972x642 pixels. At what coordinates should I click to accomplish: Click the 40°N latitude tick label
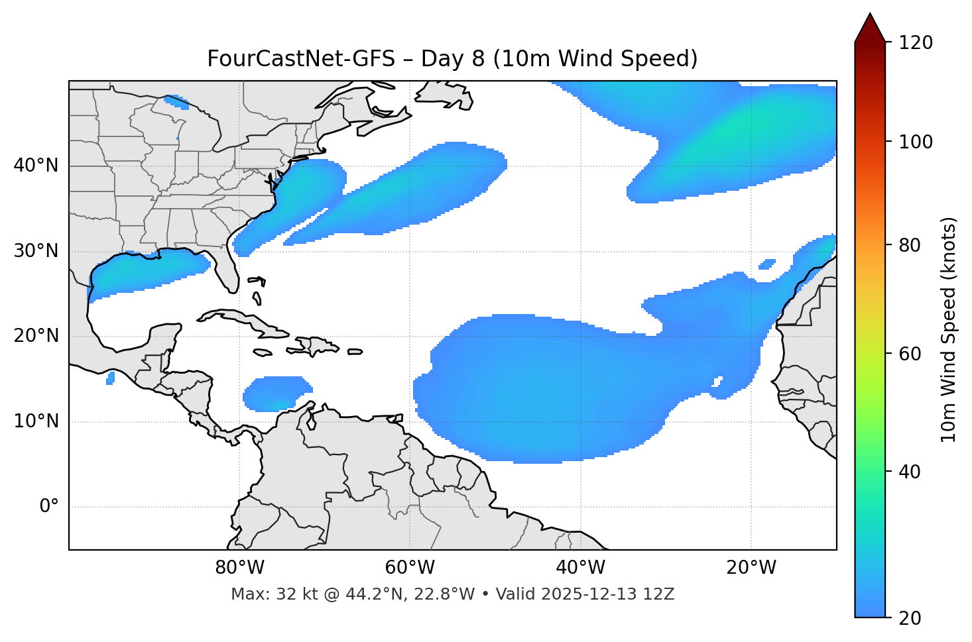pos(36,166)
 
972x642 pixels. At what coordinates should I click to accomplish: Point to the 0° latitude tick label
pos(48,507)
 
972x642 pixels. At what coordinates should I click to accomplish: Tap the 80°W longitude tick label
pos(239,568)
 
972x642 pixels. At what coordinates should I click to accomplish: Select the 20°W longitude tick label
pos(751,568)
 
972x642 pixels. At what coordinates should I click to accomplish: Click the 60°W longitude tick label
pos(410,568)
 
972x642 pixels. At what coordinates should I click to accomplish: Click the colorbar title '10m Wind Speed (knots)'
pos(949,329)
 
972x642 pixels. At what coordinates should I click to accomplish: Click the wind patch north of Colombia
pos(276,394)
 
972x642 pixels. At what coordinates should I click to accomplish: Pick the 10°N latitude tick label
pos(36,421)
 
